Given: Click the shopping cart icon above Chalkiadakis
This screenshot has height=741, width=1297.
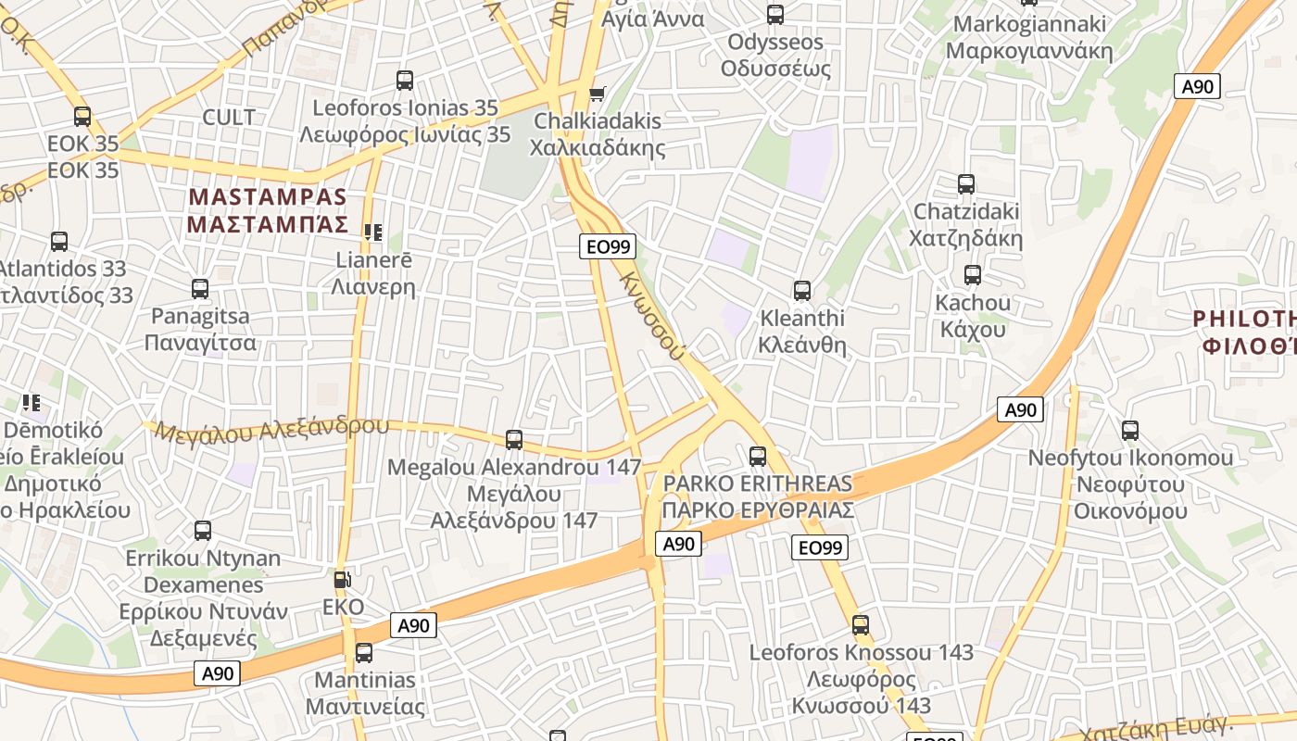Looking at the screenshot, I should (598, 94).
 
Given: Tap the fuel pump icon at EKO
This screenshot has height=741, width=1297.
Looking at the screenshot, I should (342, 580).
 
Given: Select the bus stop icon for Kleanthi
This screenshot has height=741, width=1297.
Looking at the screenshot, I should (802, 291).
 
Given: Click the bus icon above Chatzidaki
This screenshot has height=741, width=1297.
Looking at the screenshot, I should (966, 184).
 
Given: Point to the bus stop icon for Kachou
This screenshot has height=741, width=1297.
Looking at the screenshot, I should (972, 275).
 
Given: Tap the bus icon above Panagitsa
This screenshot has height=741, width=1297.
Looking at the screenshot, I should (200, 289).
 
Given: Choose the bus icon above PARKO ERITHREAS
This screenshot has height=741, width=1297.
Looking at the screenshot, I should (758, 456).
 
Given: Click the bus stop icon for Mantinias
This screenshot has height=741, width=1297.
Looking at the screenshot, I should (364, 653).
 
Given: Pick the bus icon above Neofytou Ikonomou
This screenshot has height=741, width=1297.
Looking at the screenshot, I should (1130, 431).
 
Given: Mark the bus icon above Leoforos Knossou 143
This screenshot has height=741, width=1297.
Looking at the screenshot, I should (861, 625).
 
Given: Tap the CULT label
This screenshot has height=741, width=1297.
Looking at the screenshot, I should (228, 118).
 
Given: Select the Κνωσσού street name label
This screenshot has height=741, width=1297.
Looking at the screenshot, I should (653, 316).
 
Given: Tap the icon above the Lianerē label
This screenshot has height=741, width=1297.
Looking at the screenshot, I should (373, 232).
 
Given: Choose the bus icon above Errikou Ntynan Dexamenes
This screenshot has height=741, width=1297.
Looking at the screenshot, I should (203, 531).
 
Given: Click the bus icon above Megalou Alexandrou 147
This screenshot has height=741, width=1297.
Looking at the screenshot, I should (514, 440).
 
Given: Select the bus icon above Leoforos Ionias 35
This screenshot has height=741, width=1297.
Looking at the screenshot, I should (405, 81).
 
